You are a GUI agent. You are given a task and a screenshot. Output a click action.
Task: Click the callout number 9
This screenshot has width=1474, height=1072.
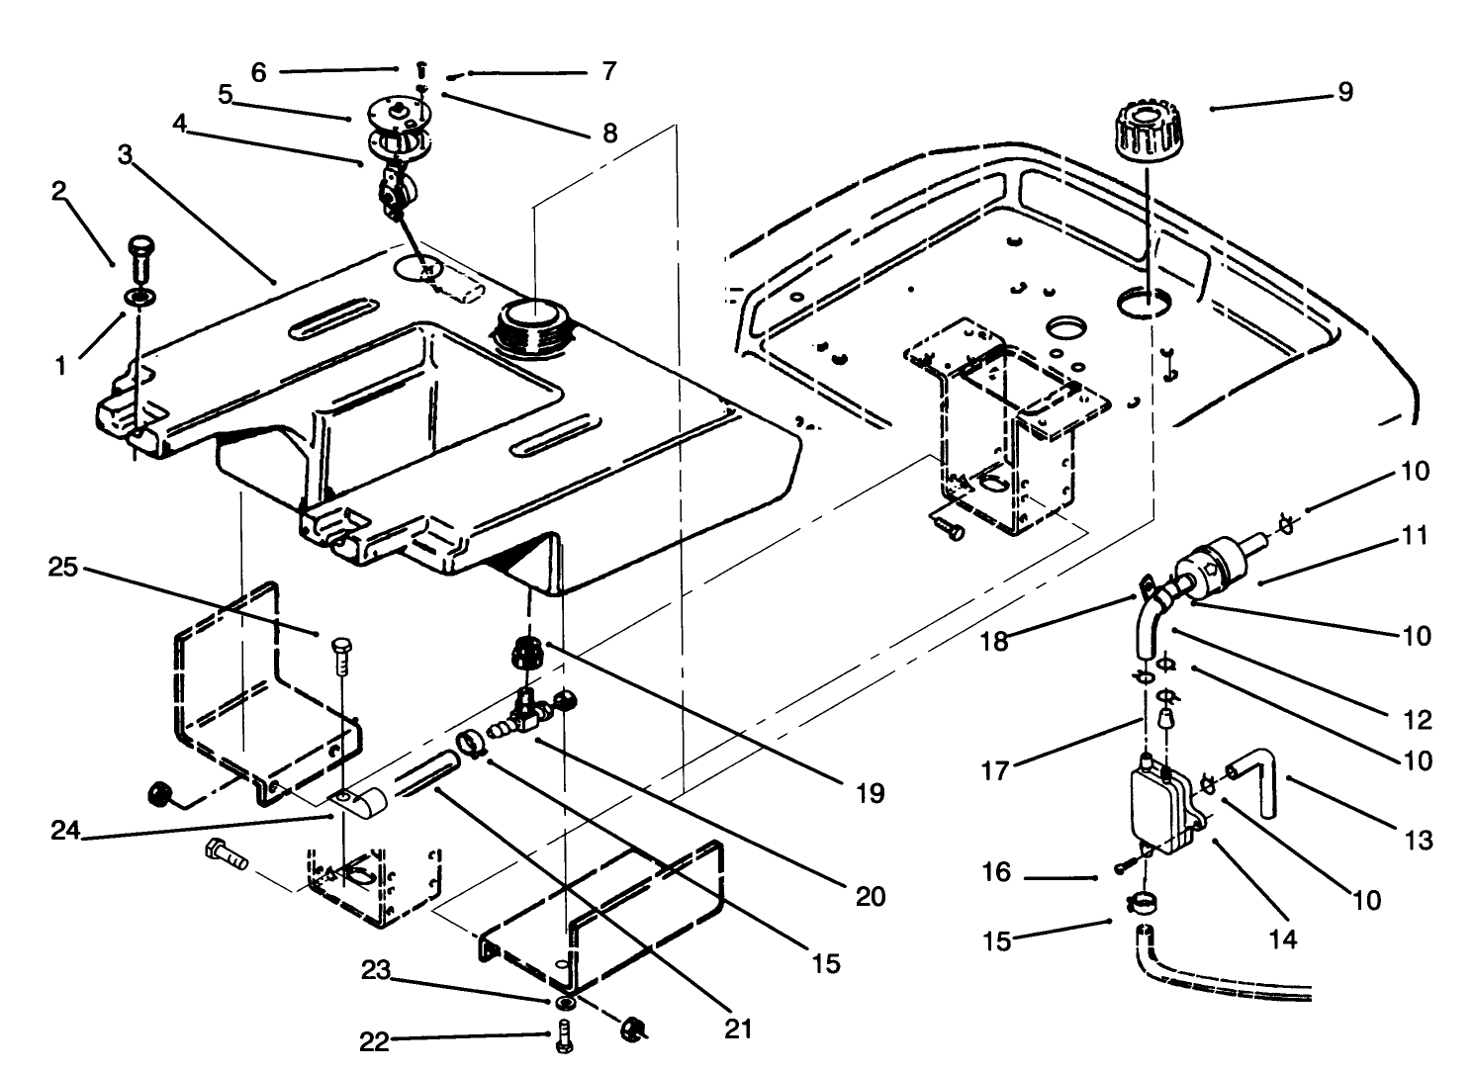pyautogui.click(x=1344, y=92)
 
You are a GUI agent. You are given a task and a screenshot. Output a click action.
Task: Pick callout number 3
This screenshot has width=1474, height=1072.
pyautogui.click(x=125, y=155)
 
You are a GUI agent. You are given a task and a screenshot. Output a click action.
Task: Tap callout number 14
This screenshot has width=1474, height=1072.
pyautogui.click(x=1282, y=938)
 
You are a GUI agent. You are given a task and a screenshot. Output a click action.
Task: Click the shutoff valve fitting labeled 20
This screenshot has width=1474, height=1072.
pyautogui.click(x=527, y=706)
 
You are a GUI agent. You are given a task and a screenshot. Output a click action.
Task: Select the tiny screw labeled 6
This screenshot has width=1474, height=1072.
pyautogui.click(x=420, y=69)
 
